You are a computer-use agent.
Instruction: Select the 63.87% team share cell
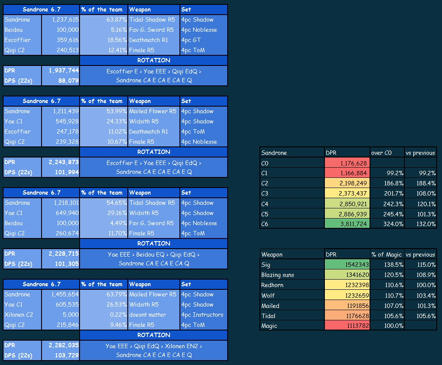tap(116, 20)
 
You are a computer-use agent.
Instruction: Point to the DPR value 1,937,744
tap(64, 70)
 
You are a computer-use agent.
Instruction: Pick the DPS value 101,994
tap(67, 172)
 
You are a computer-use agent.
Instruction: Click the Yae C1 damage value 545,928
tap(67, 122)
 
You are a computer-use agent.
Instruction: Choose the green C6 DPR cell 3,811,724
tap(347, 224)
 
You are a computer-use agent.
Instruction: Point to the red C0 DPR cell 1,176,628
tap(347, 163)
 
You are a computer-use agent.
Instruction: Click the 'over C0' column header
tap(381, 153)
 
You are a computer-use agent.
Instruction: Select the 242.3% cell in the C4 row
tap(393, 204)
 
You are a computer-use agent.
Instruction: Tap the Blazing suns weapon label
tap(278, 275)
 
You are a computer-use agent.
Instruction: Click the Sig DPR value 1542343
tap(347, 265)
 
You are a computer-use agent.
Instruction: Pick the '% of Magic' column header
tap(386, 254)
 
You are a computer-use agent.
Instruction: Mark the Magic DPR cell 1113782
tap(347, 326)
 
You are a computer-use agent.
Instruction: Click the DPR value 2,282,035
tap(64, 345)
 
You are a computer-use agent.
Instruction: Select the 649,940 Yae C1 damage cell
tap(67, 213)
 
